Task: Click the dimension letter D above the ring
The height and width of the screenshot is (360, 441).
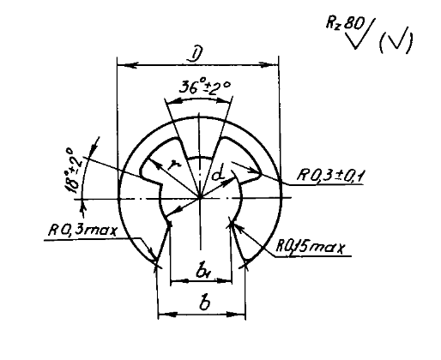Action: [x=195, y=54]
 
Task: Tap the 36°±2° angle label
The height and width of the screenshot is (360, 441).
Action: [x=205, y=87]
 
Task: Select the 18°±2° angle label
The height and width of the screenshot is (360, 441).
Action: [x=72, y=170]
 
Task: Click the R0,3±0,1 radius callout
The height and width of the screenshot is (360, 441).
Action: [x=329, y=175]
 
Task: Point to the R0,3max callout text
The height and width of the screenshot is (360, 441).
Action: [x=83, y=230]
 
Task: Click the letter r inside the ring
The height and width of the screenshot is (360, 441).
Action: [x=172, y=164]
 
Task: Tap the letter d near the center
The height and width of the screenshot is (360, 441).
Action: [x=219, y=175]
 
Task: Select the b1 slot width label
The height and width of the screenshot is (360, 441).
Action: [x=203, y=272]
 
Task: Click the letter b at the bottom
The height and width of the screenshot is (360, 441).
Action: [x=205, y=303]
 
